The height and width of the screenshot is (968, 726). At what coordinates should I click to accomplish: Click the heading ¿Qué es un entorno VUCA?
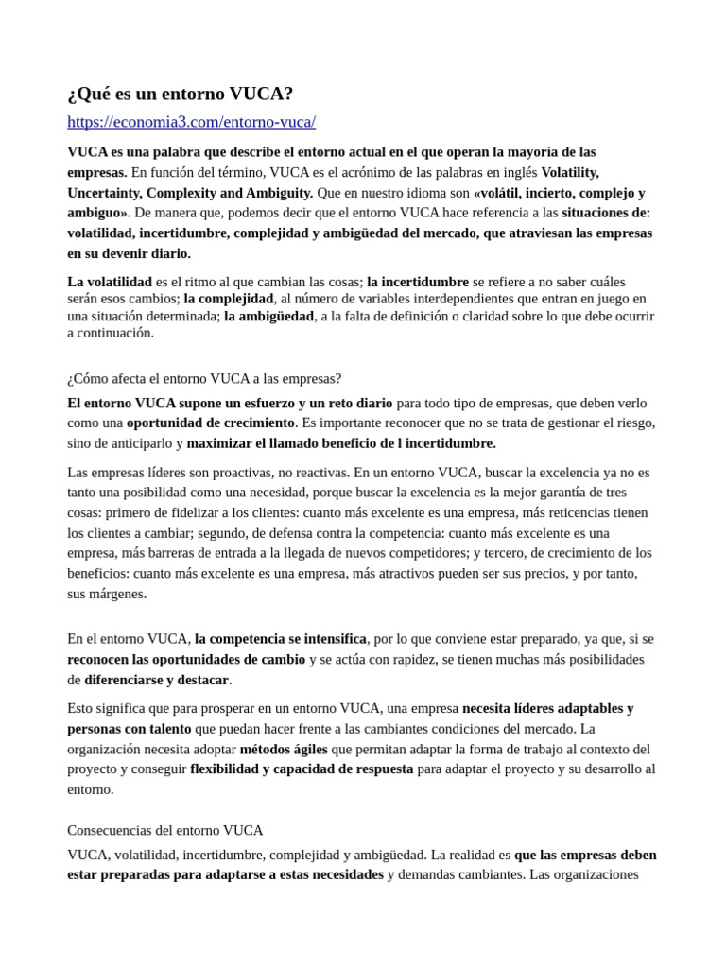181,94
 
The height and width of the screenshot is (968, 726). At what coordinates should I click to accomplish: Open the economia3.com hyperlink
191,122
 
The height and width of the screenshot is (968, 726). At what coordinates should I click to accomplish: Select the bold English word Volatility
570,172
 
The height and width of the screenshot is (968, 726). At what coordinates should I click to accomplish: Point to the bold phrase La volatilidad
110,282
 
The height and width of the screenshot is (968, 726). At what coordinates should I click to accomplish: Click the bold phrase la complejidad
229,299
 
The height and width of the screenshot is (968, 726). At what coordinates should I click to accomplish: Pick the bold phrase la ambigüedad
268,316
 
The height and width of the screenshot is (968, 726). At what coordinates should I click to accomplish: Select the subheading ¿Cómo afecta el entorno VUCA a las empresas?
204,378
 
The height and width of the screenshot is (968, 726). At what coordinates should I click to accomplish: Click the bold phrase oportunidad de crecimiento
211,423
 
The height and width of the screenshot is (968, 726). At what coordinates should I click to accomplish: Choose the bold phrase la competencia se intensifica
281,638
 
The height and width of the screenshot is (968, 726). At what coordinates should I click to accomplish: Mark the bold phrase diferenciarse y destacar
156,680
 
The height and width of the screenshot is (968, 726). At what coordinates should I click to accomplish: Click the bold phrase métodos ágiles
284,749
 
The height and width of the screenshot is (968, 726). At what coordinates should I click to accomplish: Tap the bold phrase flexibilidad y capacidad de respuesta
302,769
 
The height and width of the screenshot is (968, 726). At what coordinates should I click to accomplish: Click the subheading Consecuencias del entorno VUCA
165,830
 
